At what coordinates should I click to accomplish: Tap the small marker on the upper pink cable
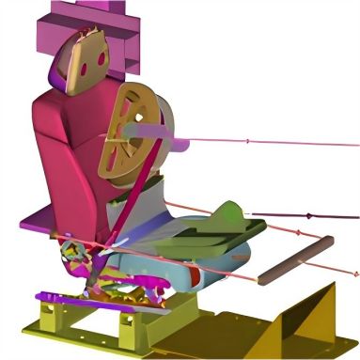(x=247, y=142)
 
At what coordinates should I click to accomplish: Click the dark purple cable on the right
(x=310, y=215)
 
